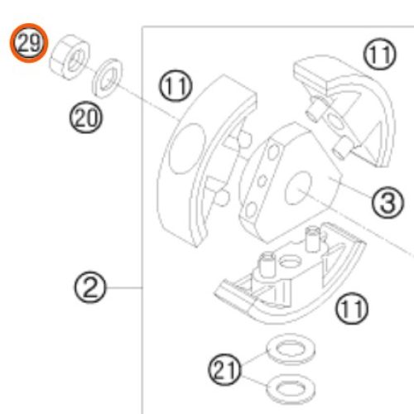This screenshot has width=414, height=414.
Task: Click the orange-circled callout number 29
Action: coord(29,43)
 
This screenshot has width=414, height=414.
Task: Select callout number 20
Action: coord(85,118)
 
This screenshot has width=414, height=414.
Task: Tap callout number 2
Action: coord(90,287)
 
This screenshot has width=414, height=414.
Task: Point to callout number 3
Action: coord(388,202)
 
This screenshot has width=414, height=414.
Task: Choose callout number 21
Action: coord(224,370)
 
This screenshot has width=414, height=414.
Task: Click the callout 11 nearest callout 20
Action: coord(175,86)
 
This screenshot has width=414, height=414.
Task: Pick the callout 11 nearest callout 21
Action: coord(352,308)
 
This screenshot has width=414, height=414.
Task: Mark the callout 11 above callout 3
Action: coord(379,54)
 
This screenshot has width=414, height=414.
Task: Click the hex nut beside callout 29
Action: coord(70,57)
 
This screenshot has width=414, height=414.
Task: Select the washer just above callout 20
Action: coord(107,78)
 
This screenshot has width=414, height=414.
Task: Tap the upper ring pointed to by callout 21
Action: coord(291,349)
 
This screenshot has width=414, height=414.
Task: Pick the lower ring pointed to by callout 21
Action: coord(291,388)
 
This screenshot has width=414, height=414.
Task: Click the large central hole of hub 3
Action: coord(299,188)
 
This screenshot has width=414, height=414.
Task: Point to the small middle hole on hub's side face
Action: coord(262,181)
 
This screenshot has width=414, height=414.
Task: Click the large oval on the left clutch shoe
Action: coord(187,148)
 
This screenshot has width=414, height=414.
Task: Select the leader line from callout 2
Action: coord(124,288)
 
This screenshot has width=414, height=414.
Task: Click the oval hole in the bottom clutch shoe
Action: coord(289,261)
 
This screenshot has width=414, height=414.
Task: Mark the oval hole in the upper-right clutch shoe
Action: coord(336,122)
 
